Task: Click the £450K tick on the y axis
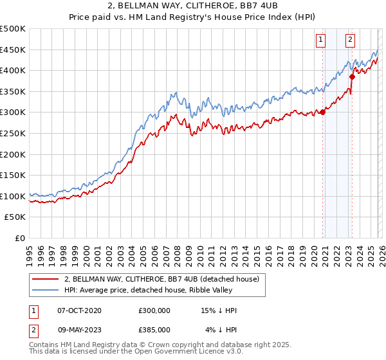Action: pyautogui.click(x=13, y=50)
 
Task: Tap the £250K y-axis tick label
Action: pyautogui.click(x=13, y=133)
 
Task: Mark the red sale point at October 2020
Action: pyautogui.click(x=322, y=113)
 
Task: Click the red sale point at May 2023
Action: pyautogui.click(x=352, y=76)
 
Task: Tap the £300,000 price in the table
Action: pyautogui.click(x=154, y=310)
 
